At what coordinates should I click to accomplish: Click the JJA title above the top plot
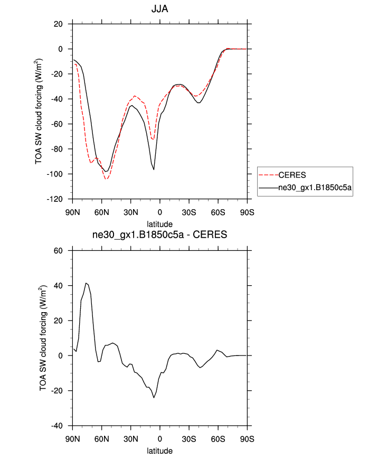pos(159,10)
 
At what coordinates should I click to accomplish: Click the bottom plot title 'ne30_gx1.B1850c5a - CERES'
pos(159,235)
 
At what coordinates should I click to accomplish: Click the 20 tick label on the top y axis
pos(58,24)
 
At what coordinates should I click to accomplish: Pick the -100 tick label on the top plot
pos(55,174)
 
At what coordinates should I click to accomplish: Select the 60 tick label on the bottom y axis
pos(58,250)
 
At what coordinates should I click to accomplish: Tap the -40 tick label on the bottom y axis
pos(56,426)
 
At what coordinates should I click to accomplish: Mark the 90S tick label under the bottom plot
pos(247,439)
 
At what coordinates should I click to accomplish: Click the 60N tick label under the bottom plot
pos(102,439)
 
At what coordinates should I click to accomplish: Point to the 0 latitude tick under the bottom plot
pos(160,439)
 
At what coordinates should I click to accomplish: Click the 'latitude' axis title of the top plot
pos(159,224)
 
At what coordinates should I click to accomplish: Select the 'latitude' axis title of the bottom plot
pos(159,451)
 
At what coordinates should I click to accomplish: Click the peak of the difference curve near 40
pos(86,283)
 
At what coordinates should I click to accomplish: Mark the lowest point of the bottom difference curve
pos(154,397)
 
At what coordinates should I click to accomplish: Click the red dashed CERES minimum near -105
pos(106,180)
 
